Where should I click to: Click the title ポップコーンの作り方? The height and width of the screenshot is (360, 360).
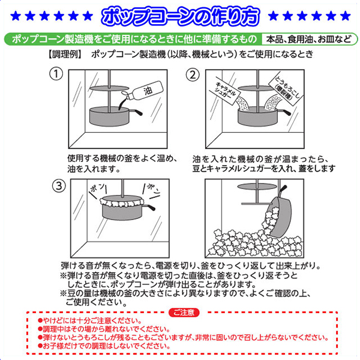click(x=181, y=16)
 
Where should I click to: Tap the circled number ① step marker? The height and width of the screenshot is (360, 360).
click(x=56, y=74)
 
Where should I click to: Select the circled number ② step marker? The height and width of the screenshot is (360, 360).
click(x=193, y=75)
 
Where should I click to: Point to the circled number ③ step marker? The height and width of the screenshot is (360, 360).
click(x=59, y=186)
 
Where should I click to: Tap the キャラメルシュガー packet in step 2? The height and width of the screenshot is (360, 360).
click(x=227, y=92)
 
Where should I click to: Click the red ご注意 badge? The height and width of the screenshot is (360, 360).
click(x=184, y=313)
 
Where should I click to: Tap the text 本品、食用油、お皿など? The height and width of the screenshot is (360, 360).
click(x=308, y=39)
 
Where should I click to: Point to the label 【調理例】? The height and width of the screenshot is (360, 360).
click(x=65, y=55)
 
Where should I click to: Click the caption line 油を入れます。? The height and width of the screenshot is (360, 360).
click(x=94, y=169)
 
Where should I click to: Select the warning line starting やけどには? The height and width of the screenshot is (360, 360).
click(x=91, y=320)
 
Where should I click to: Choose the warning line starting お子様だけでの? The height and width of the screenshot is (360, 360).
click(x=104, y=346)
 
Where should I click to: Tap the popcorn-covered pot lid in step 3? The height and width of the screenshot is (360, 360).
click(x=122, y=202)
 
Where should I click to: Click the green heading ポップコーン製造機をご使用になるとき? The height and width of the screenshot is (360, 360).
click(x=134, y=39)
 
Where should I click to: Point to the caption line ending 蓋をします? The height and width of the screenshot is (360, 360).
click(x=264, y=169)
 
